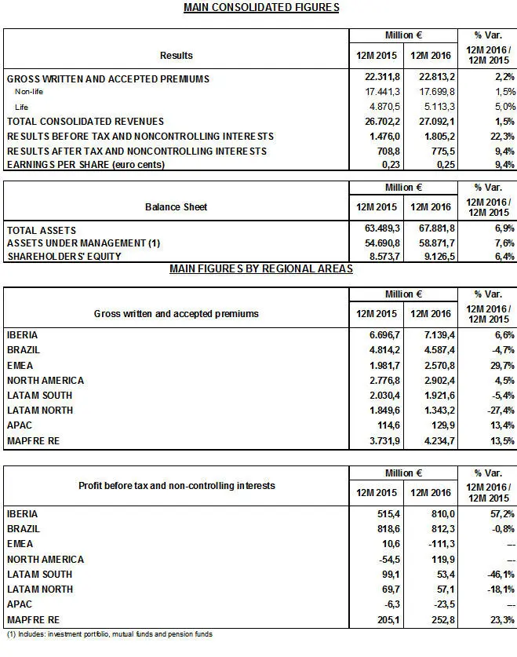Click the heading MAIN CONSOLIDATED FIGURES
tap(260, 8)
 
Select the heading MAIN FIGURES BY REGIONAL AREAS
tap(260, 269)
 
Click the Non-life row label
tap(31, 93)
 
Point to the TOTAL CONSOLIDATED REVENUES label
tap(85, 122)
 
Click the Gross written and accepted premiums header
tap(176, 313)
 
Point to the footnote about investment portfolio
tap(109, 633)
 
